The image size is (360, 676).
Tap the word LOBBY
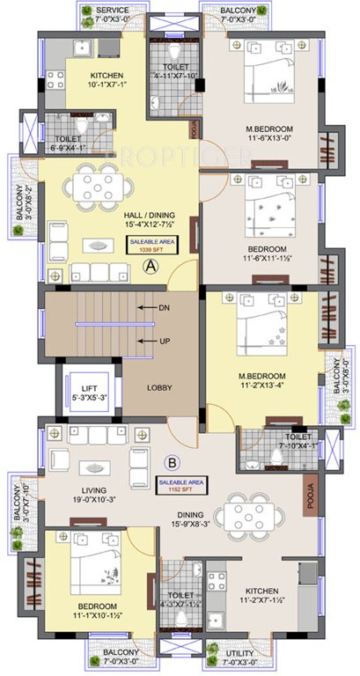159,387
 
